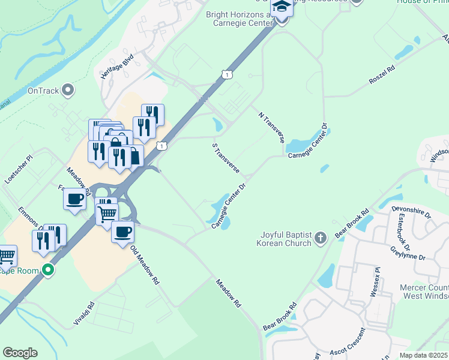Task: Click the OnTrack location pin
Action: (68, 91)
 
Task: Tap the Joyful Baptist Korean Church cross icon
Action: (321, 238)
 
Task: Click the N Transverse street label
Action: (271, 127)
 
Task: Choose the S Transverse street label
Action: (226, 157)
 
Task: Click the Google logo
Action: (20, 353)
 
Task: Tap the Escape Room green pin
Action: (47, 270)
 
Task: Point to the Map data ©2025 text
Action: (424, 355)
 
